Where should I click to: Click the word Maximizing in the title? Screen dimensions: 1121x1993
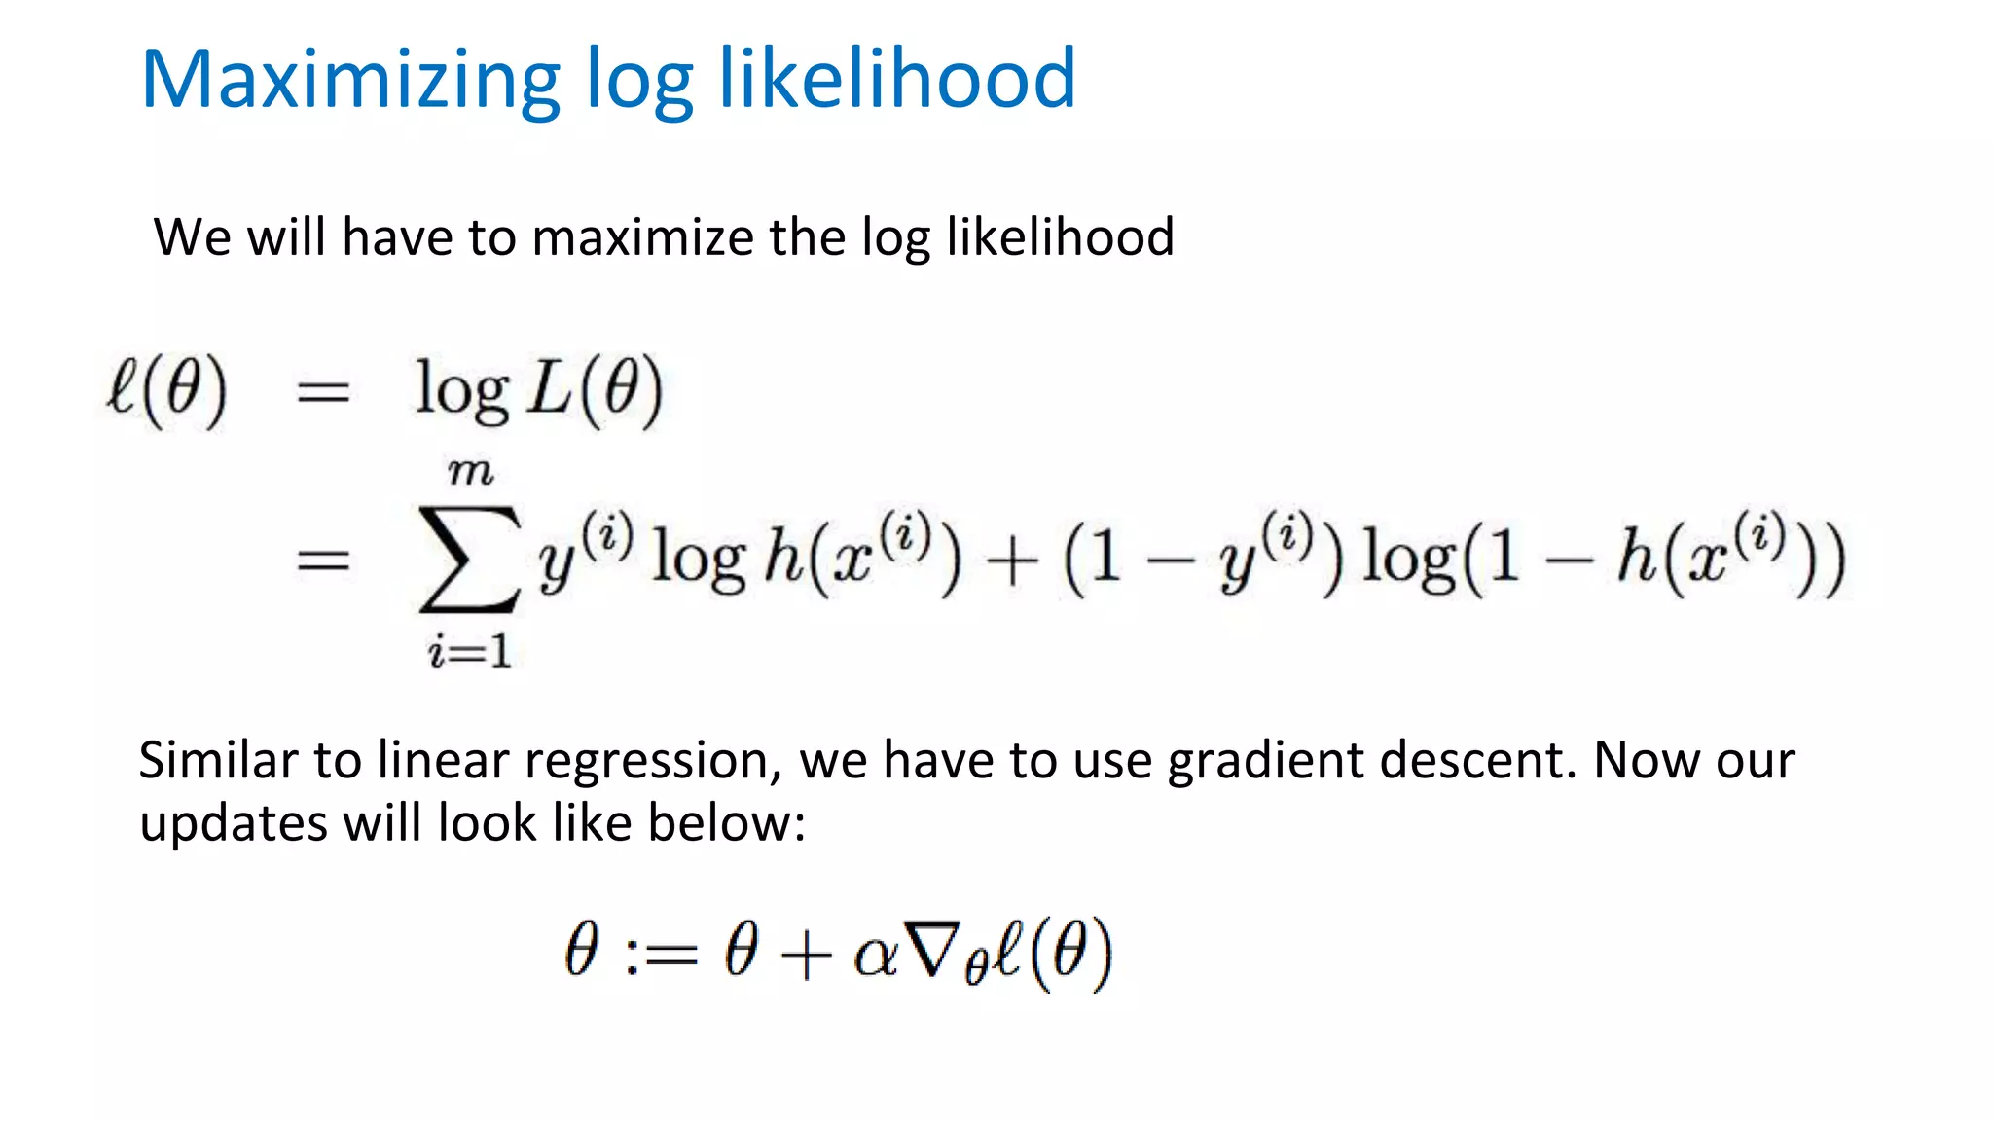(x=351, y=80)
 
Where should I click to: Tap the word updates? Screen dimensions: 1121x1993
(x=234, y=823)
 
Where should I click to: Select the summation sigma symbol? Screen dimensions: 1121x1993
(x=469, y=560)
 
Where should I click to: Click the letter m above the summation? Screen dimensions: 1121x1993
(x=471, y=473)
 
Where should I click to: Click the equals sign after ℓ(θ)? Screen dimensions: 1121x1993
(x=323, y=393)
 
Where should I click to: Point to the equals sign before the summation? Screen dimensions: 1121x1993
(x=323, y=560)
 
